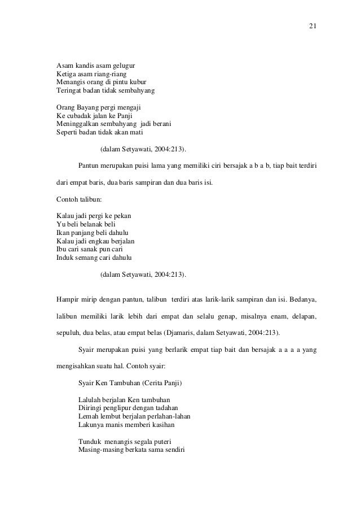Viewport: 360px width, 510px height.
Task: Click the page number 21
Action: click(312, 27)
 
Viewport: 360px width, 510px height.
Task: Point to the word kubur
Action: click(137, 82)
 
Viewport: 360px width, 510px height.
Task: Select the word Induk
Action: click(66, 259)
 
